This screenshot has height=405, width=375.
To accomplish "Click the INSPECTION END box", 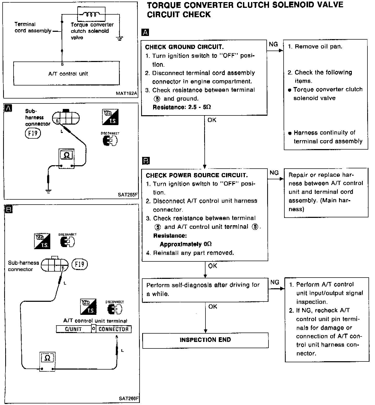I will point(205,340).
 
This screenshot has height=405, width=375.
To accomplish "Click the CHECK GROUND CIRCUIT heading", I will point(184,47).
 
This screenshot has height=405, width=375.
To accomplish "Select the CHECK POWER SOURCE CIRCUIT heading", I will point(197,175).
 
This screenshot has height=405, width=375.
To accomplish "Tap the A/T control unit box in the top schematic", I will point(67,73).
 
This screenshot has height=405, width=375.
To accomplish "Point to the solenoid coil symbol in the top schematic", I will point(91,14).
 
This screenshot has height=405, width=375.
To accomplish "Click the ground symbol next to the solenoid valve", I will point(120,39).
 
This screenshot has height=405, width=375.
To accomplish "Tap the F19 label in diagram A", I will point(33,133).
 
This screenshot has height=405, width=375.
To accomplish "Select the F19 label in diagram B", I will point(79,264).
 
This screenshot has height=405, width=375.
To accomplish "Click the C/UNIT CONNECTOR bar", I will point(94,329).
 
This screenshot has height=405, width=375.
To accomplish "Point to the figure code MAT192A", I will point(127,93).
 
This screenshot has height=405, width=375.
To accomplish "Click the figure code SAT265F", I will point(128,194).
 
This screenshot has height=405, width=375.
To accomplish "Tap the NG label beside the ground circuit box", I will point(273,44).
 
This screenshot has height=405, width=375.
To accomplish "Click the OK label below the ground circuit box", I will point(212,120).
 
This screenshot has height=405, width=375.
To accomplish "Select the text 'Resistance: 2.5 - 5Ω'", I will point(182,107).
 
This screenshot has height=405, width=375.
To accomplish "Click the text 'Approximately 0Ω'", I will point(185,244).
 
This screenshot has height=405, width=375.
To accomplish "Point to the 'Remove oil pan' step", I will point(315,47).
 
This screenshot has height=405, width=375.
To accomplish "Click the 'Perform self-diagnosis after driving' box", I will point(205,290).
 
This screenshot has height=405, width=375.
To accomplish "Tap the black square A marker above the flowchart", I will point(145,33).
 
